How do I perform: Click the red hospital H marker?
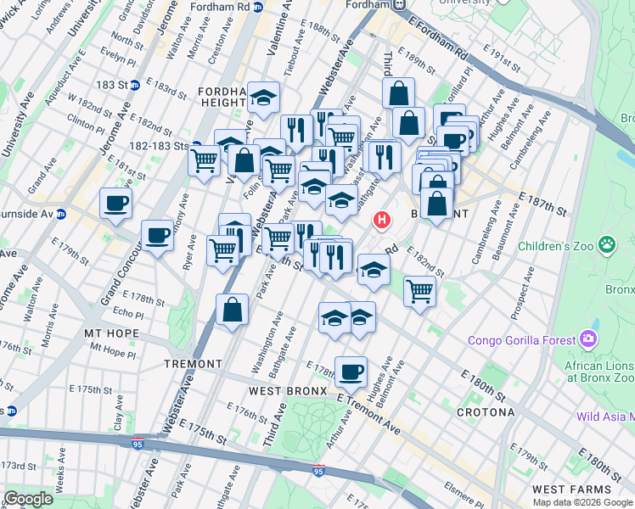tap(382, 221)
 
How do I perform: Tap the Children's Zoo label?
tap(560, 247)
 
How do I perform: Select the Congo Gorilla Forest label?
tap(520, 341)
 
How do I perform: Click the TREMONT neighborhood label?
tap(194, 363)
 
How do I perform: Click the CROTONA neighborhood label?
tap(486, 412)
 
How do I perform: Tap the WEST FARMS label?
tap(567, 490)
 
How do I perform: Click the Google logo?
tap(28, 499)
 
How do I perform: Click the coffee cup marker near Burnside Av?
tap(115, 204)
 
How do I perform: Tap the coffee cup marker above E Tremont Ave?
tap(351, 370)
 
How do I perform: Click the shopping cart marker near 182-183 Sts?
tap(205, 159)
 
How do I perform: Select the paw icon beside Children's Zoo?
tap(607, 246)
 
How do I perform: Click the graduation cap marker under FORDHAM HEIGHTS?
tap(264, 99)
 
